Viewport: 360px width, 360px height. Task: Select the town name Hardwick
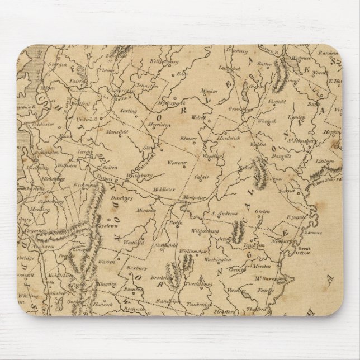tap(226, 137)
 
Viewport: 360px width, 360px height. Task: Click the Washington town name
tap(217, 260)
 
